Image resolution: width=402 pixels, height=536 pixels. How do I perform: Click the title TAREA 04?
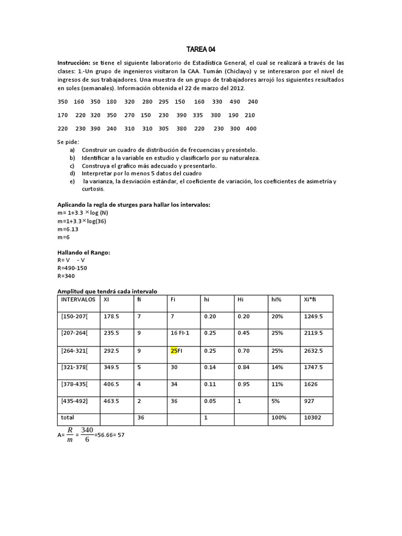point(200,50)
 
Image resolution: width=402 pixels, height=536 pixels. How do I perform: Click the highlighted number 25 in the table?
point(174,351)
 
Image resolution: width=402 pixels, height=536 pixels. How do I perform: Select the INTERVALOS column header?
point(79,299)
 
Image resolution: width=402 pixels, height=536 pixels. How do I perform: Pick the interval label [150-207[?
point(74,316)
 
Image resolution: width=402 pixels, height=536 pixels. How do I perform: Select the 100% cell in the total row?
point(279,418)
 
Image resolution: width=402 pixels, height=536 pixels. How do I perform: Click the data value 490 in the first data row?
point(234,102)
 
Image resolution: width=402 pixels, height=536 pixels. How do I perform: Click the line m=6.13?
point(68,229)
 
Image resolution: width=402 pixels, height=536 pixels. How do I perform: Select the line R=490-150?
point(72,268)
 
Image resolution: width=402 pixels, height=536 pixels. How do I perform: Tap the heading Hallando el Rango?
point(83,252)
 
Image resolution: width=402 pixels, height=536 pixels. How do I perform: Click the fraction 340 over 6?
point(87,434)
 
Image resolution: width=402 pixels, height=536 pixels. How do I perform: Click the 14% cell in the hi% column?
point(277,367)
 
